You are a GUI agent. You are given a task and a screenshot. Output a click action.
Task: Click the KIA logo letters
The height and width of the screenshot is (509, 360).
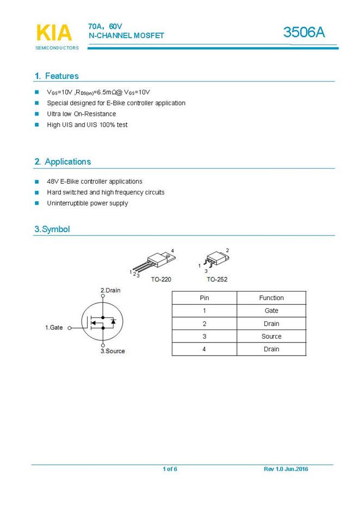54,33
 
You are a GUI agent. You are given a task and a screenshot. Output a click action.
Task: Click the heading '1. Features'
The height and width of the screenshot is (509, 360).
57,76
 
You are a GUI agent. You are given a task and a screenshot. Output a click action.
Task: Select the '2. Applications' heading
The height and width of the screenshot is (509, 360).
63,162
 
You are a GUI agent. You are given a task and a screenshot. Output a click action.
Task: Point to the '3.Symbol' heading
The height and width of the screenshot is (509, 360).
52,229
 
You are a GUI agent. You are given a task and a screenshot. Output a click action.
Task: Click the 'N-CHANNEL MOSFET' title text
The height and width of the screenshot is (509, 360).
126,35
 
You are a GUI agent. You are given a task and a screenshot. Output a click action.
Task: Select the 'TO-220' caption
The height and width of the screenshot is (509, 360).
162,280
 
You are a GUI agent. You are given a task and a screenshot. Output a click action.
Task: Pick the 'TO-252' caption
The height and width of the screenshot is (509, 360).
217,280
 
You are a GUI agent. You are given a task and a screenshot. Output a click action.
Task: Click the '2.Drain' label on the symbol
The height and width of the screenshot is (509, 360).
111,290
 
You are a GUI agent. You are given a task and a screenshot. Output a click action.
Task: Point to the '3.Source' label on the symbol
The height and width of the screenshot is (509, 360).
113,351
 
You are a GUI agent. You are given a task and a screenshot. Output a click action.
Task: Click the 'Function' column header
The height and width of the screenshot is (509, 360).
271,298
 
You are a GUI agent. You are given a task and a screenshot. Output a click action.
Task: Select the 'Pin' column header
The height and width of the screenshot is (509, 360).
204,298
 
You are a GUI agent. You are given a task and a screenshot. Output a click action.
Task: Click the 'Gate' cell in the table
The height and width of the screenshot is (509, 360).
271,311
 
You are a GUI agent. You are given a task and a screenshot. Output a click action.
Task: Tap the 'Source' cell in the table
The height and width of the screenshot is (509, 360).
271,337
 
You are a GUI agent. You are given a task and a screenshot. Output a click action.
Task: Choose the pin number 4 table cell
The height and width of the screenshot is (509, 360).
204,349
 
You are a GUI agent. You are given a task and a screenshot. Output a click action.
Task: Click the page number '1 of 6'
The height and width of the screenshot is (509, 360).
170,469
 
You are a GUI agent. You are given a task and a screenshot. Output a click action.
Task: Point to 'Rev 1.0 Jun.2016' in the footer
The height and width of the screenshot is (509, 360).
286,469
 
